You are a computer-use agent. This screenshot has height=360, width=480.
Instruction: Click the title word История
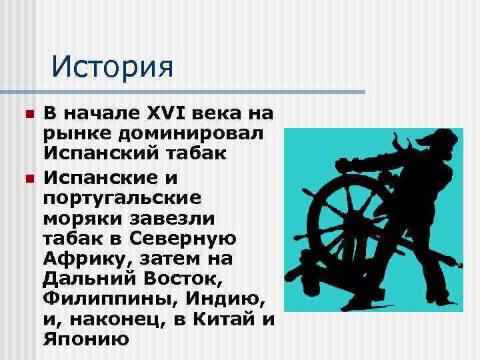click(112, 67)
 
